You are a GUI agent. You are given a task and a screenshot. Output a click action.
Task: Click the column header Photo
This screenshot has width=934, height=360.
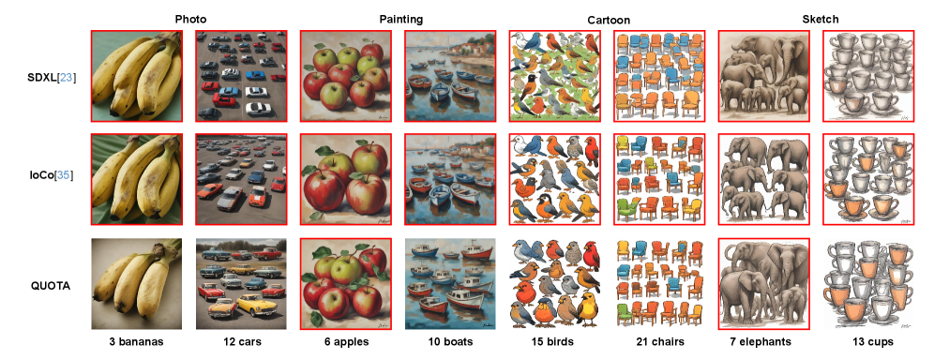coord(190,19)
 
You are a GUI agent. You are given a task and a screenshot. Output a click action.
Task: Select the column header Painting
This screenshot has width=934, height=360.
coord(400,19)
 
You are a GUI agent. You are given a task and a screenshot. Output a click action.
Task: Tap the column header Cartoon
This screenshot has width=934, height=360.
coord(608,21)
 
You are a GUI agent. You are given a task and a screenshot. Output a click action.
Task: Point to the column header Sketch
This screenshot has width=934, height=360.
coord(821,19)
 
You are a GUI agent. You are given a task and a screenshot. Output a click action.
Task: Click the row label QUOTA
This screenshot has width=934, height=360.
coord(51,286)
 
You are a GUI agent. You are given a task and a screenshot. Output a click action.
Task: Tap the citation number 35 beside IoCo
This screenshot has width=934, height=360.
coord(63,175)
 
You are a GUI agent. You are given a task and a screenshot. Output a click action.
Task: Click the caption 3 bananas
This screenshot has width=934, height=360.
coord(136,342)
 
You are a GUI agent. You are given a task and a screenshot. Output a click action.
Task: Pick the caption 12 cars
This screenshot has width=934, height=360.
coord(241,342)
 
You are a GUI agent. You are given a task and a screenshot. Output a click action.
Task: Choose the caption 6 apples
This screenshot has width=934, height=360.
coord(345,342)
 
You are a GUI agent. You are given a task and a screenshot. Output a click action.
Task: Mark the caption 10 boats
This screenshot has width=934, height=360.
coord(450,342)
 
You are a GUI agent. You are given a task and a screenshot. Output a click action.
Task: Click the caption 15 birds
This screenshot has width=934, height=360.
coord(554,342)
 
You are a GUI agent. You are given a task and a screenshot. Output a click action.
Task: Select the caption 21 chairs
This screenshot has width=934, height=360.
coord(659,342)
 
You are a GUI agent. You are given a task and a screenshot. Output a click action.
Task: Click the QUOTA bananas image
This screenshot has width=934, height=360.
coord(136,284)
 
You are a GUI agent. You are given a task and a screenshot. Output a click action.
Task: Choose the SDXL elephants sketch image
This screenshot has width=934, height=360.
coord(763,76)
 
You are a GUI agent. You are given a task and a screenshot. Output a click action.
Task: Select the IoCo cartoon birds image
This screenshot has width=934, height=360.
coord(554,179)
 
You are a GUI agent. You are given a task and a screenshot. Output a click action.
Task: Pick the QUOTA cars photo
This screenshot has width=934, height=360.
coord(241,284)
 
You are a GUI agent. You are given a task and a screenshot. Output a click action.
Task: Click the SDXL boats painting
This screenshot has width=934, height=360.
coord(450,76)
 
